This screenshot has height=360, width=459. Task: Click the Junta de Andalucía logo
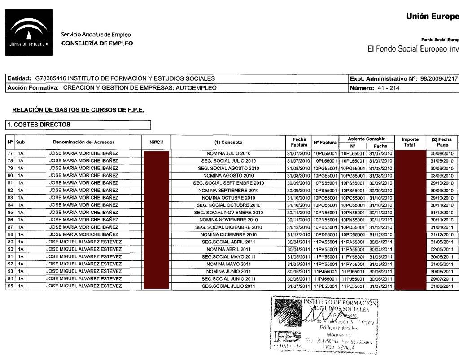click(29, 32)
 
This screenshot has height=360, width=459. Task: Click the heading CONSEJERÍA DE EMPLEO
click(97, 43)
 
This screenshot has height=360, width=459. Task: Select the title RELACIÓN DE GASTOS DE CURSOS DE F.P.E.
click(78, 110)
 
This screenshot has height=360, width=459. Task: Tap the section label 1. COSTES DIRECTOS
click(38, 124)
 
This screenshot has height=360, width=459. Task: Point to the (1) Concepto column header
click(228, 142)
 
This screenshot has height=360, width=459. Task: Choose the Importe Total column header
click(409, 142)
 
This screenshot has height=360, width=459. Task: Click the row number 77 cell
click(10, 153)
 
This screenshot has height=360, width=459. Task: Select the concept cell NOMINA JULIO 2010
click(228, 153)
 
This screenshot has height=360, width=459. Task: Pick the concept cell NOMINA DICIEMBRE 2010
click(228, 234)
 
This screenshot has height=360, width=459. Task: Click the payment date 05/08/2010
click(442, 153)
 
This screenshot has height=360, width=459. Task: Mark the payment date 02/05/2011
click(442, 249)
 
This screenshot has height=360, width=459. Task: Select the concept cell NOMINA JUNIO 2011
click(228, 271)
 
